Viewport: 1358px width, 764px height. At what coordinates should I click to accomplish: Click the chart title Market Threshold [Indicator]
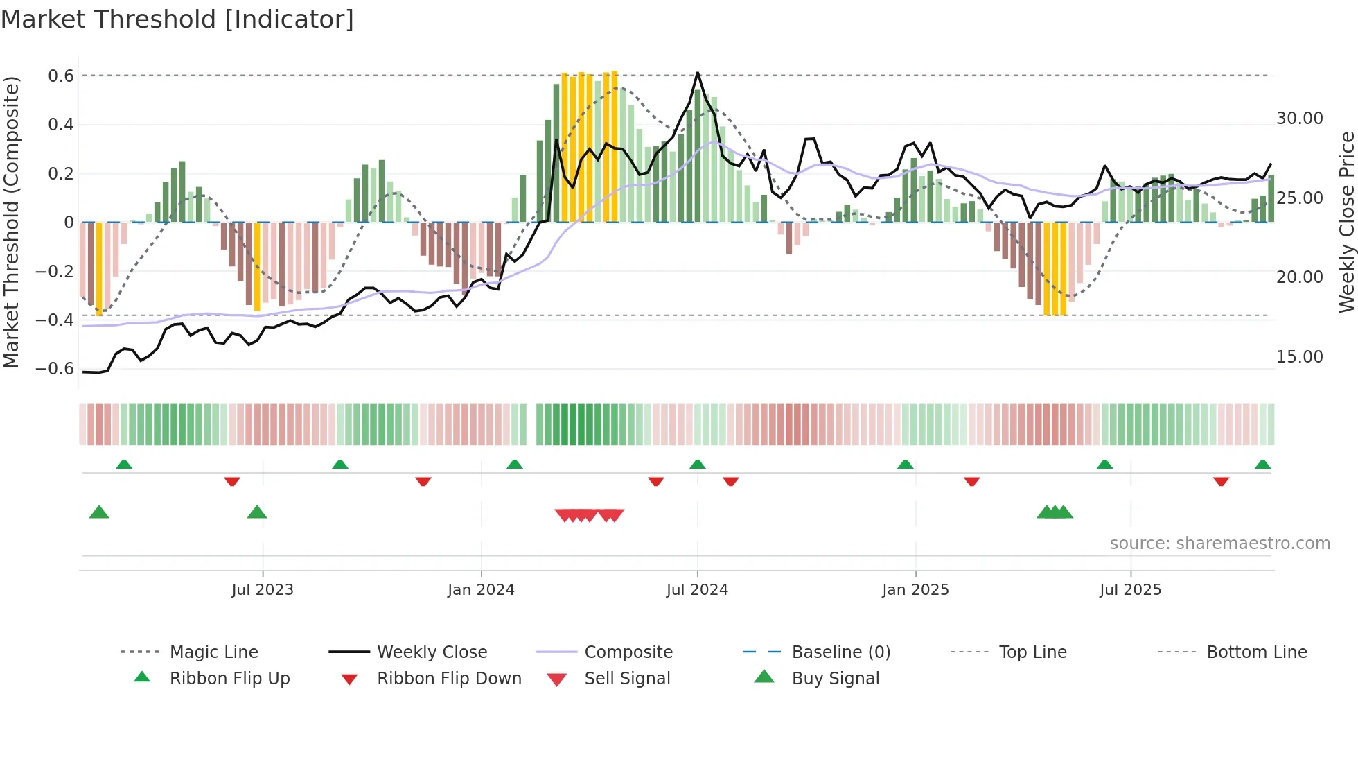(x=177, y=19)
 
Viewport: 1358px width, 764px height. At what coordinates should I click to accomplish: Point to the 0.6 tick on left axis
(x=61, y=76)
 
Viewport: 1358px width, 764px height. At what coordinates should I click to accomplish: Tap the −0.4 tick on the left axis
(x=55, y=320)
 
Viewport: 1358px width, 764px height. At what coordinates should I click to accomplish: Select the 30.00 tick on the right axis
(x=1299, y=119)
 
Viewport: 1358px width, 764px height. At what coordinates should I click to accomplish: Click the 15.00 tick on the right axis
(x=1299, y=357)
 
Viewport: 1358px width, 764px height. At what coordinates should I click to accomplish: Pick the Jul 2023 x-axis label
(x=263, y=590)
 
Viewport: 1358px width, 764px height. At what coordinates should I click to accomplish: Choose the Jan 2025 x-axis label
(x=915, y=590)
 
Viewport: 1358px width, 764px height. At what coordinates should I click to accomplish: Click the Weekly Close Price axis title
(x=1346, y=222)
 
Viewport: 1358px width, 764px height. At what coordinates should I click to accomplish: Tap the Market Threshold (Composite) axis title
(x=11, y=222)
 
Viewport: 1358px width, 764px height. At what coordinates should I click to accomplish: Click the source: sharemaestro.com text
(x=1219, y=544)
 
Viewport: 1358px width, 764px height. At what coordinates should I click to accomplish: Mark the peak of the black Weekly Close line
(x=697, y=73)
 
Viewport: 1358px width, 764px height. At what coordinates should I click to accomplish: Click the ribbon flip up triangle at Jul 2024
(x=697, y=465)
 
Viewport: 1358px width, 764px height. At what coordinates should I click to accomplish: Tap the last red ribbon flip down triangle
(x=1221, y=481)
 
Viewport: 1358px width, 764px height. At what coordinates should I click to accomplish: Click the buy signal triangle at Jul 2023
(x=257, y=512)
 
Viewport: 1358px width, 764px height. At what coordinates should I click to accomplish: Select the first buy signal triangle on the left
(x=99, y=512)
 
